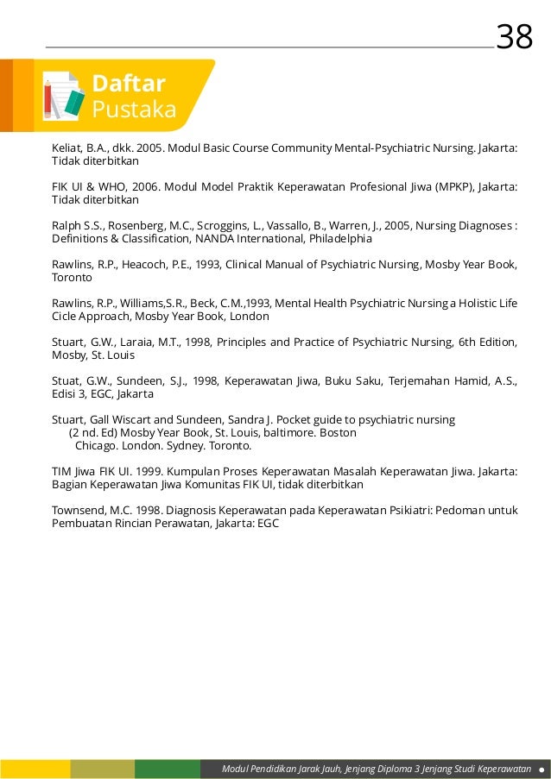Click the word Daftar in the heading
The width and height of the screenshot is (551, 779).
pos(128,84)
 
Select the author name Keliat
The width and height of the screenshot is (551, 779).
pos(67,148)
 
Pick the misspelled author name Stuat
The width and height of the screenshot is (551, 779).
pos(66,380)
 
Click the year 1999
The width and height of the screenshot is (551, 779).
pos(130,472)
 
